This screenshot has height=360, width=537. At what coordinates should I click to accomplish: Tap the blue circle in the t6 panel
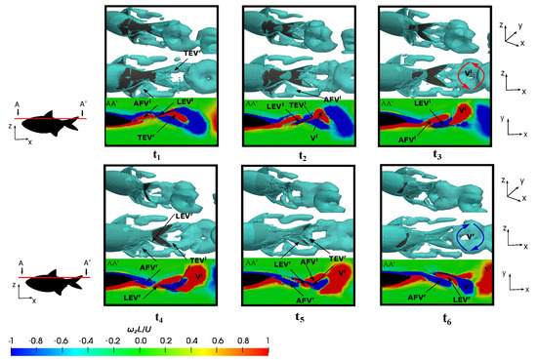pos(473,237)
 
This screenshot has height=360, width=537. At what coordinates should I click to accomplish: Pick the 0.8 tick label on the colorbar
pos(240,340)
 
